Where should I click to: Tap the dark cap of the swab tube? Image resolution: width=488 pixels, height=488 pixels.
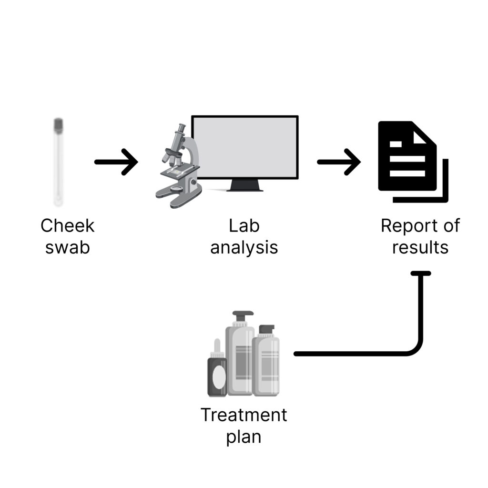coord(59,125)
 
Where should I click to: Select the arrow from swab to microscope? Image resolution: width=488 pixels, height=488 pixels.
coord(116,162)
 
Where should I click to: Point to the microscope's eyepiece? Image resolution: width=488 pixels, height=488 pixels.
coord(181,128)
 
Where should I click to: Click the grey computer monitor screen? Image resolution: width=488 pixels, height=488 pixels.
coord(244,147)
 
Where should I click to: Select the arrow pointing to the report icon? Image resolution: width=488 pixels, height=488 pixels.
coord(339,162)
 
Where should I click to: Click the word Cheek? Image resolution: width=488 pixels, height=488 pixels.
coord(67,226)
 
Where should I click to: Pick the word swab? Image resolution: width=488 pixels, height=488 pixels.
coord(67,248)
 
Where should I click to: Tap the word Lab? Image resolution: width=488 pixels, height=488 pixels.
coord(244,226)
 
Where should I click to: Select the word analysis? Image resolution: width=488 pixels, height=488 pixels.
coord(244,248)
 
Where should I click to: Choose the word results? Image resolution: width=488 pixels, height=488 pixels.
coord(420,248)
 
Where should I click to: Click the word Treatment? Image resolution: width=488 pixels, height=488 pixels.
coord(244,415)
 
